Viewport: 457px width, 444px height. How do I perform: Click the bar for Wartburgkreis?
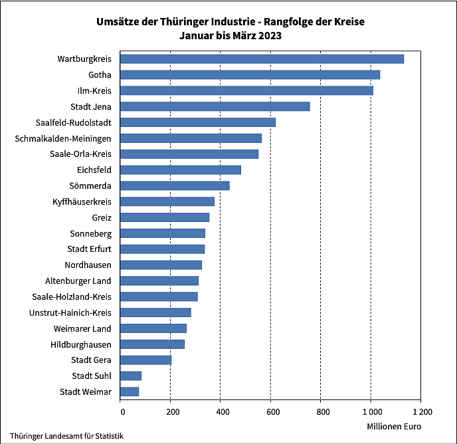pos(262,59)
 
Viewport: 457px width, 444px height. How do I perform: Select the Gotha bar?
pos(250,75)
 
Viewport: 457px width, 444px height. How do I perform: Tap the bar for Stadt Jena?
pos(215,106)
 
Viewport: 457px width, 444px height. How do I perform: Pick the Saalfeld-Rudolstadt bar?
pos(198,122)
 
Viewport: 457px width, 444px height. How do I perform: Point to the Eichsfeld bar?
pos(181,170)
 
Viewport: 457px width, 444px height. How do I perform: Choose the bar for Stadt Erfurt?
pos(163,249)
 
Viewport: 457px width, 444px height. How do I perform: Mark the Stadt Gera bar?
pos(146,360)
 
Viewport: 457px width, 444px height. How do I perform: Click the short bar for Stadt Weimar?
pos(130,392)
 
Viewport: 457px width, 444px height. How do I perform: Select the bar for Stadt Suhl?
pos(132,376)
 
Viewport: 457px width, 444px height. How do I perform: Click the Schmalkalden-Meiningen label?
pos(63,138)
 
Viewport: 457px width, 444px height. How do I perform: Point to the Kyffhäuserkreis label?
pos(82,202)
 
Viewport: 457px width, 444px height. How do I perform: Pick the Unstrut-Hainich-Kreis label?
pos(70,313)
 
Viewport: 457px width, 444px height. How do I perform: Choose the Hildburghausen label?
pos(81,345)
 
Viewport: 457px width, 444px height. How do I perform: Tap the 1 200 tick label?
pos(420,412)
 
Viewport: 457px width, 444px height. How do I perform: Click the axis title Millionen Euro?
pos(394,426)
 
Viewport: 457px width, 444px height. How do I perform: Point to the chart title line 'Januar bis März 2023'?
pos(230,36)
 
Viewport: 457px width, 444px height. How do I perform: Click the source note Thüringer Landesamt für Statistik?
pos(66,436)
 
